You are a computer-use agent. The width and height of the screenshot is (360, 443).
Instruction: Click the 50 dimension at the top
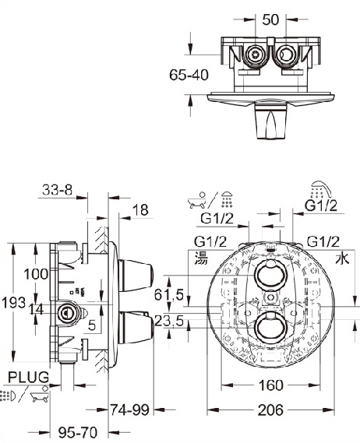pos(270,19)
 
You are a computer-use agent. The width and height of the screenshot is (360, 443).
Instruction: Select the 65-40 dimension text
pos(189,75)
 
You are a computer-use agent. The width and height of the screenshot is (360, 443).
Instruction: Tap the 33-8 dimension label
pos(58,190)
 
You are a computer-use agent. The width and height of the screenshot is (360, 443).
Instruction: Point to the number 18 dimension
pos(140,210)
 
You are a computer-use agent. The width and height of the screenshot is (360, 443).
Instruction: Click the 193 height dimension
pos(13,303)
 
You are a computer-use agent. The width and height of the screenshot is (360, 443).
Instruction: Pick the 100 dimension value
pos(36,274)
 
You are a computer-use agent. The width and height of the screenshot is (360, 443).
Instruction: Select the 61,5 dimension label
pos(169,294)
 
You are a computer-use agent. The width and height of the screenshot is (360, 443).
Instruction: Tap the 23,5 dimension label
pos(169,322)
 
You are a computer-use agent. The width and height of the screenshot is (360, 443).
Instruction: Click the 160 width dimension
pos(270,385)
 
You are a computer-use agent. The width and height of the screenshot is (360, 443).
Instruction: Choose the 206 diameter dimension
pos(270,410)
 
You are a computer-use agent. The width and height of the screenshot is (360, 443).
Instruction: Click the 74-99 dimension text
pos(129,410)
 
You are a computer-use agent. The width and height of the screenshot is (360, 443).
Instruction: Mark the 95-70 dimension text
pos(77,432)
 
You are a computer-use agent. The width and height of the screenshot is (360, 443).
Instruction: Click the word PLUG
pos(28,377)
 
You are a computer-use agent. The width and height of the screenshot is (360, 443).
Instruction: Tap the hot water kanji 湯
pos(201,258)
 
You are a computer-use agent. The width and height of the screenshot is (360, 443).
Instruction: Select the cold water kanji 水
pos(342,258)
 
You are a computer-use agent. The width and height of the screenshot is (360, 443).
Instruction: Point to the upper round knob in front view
pos(271,275)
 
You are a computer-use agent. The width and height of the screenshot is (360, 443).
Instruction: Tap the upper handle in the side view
pos(136,275)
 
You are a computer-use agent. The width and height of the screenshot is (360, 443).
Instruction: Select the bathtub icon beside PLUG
pos(39,394)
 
